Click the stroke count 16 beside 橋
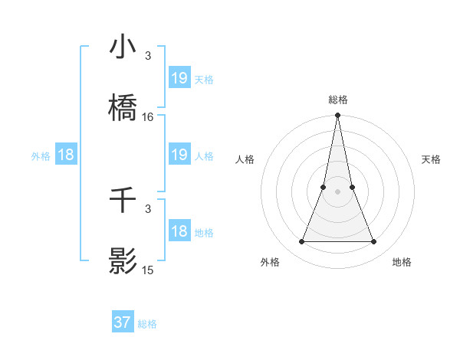click(148, 117)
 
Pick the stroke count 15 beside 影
click(148, 270)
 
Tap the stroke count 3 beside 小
click(148, 55)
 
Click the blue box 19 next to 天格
click(179, 78)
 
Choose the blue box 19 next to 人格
click(179, 155)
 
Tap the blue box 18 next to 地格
click(179, 231)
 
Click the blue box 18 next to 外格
click(66, 155)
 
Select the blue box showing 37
click(123, 322)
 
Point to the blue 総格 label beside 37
click(147, 324)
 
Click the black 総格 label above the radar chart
click(338, 100)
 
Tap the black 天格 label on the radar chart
click(431, 159)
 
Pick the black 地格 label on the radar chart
click(402, 262)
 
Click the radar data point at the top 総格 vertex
click(338, 116)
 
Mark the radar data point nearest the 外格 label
click(301, 242)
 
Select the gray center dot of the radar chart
click(338, 191)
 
